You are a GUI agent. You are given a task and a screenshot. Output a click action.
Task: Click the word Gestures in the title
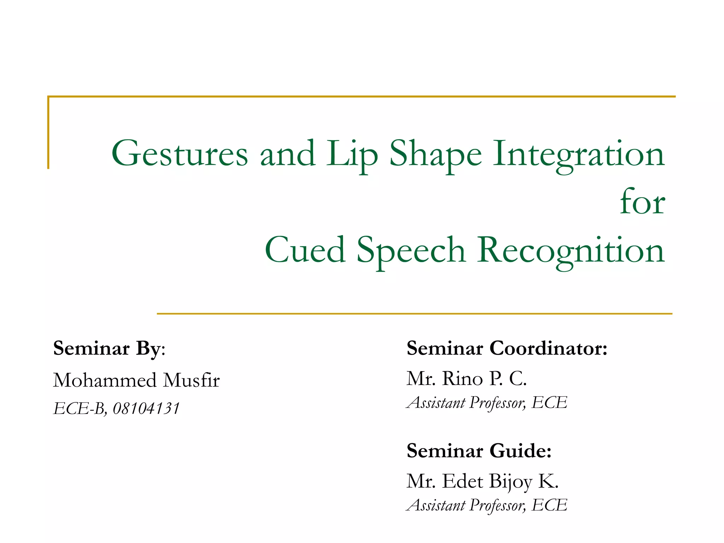[180, 154]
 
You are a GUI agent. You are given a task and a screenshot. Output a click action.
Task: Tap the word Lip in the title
[352, 154]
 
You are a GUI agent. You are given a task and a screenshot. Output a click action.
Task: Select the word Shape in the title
[435, 154]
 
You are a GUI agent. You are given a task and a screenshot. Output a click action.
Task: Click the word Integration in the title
[579, 154]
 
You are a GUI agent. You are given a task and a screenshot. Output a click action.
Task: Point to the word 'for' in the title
[642, 202]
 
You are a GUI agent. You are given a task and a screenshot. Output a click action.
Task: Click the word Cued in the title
[305, 250]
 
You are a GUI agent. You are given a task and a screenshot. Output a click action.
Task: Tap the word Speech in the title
[411, 250]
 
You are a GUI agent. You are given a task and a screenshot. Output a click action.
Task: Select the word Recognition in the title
[571, 250]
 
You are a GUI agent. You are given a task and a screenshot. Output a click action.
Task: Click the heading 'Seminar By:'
[109, 349]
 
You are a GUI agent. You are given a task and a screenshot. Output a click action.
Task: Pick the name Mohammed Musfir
[136, 380]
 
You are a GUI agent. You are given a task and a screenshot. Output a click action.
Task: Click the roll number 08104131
[146, 409]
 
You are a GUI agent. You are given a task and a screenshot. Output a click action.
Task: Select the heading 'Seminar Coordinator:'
[507, 349]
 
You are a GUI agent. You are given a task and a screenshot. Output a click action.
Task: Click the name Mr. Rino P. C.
[466, 379]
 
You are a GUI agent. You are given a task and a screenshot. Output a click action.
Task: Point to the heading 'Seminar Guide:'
[479, 451]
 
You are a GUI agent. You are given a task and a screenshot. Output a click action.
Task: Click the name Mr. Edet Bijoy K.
[482, 481]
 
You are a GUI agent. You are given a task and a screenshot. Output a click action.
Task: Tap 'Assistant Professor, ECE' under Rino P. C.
[487, 403]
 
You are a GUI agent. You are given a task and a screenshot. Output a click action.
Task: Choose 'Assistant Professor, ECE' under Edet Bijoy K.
[487, 505]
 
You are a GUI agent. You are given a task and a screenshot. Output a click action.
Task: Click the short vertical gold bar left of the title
[48, 133]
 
